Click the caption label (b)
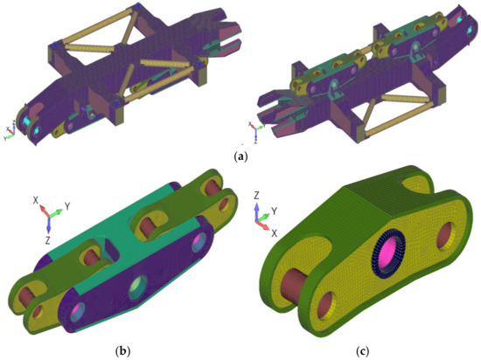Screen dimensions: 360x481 (123, 351)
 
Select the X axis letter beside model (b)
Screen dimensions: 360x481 (36, 200)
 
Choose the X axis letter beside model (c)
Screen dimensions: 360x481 (275, 233)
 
